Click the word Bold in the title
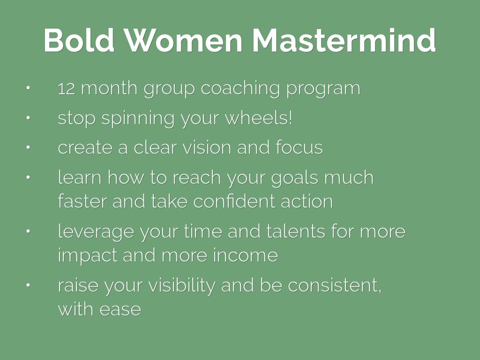coord(79,40)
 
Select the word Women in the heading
coord(184,40)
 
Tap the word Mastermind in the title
coord(344,40)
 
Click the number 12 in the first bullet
coord(67,89)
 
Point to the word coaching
coord(240,89)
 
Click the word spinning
coord(138,119)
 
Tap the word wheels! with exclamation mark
coord(259,118)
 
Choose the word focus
coord(299,147)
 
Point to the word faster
coord(82,202)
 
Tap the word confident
coord(234,202)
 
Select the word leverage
coord(96,232)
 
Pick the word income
coord(245,255)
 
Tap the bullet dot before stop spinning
coord(28,118)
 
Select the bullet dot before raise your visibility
coord(28,285)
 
